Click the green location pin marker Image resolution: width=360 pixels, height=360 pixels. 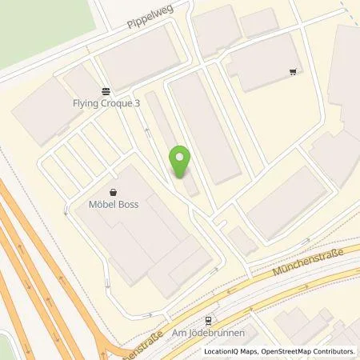(181, 161)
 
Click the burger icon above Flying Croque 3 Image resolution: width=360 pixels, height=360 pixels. (106, 90)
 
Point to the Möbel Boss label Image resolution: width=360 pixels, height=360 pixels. (114, 205)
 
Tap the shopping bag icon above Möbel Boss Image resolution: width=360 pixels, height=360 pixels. (114, 192)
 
